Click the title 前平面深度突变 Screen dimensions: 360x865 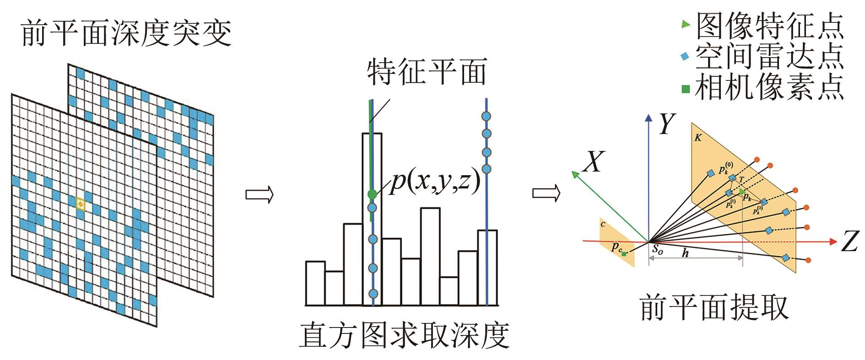point(126,33)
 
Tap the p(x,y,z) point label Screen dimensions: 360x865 point(435,182)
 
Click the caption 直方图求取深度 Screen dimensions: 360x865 point(405,336)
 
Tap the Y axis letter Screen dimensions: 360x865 point(667,124)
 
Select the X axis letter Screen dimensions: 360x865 point(594,161)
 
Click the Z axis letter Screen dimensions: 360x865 point(849,241)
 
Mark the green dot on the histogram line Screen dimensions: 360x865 point(372,194)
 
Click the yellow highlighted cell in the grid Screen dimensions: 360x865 point(80,204)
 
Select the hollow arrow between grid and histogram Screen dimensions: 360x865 point(259,194)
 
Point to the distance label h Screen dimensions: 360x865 point(685,253)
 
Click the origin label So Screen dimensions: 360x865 point(657,249)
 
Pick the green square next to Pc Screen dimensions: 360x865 point(624,253)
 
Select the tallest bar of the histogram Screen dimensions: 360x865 point(372,220)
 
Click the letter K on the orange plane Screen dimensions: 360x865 point(698,137)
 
